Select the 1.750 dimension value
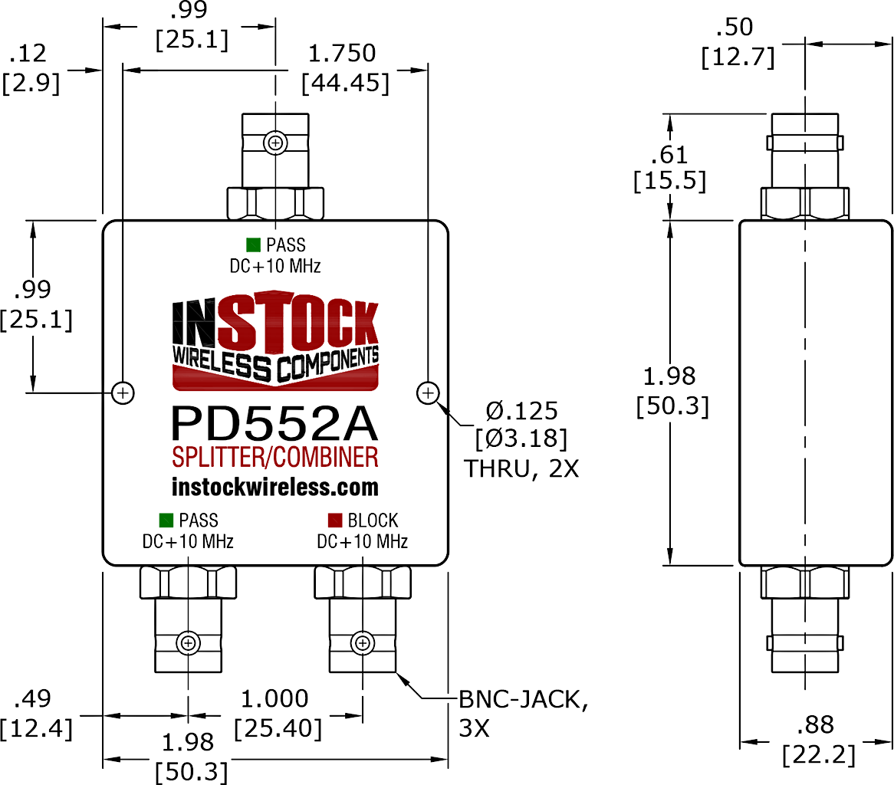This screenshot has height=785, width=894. point(342,54)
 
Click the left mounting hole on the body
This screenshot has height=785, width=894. point(123,393)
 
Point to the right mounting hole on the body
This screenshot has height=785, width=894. point(427,393)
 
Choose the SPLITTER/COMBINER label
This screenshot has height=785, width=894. point(274,458)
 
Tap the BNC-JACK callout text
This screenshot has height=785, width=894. point(524,699)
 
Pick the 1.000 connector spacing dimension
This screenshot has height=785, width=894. point(275,698)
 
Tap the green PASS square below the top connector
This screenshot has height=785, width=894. point(251,245)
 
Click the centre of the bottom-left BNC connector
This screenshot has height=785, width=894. point(188,642)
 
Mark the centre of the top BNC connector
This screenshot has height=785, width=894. point(275,142)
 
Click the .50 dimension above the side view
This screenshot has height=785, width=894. point(735,28)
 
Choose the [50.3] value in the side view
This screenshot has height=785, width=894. point(672,406)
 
